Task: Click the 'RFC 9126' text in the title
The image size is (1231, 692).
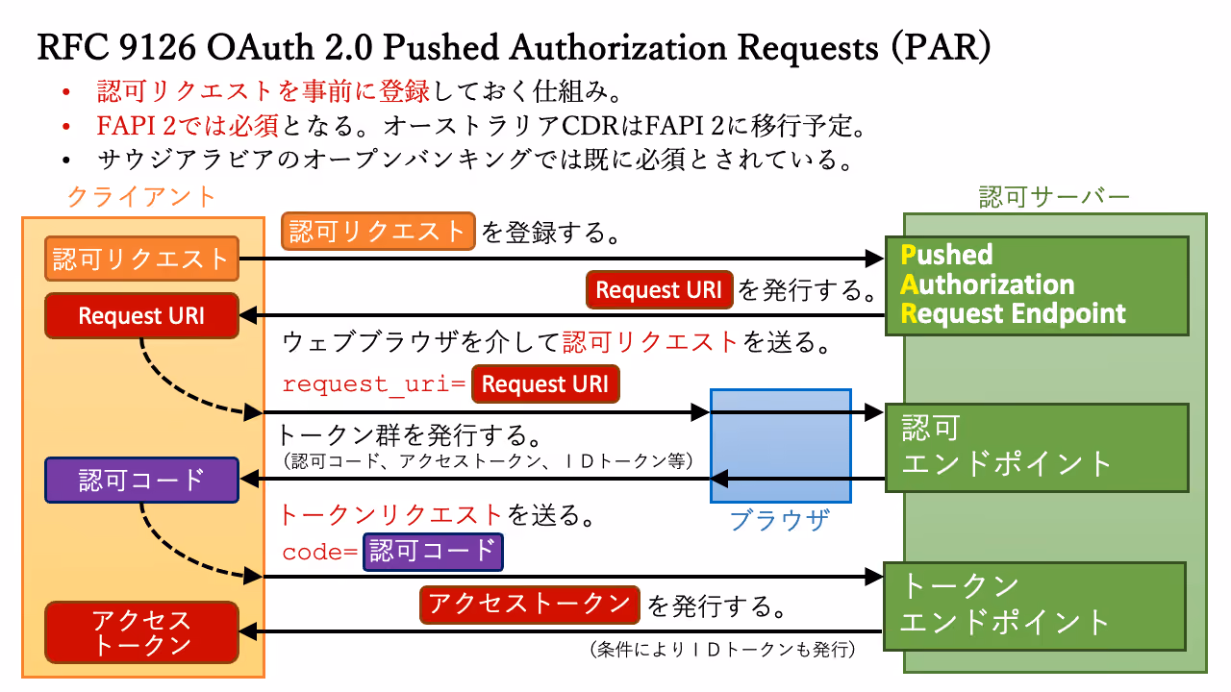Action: click(x=116, y=47)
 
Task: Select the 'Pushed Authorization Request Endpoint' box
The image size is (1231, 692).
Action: click(x=1037, y=285)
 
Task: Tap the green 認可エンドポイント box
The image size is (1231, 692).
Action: click(x=1037, y=448)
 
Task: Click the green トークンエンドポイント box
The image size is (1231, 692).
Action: click(x=1035, y=606)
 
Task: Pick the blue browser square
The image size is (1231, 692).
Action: click(x=781, y=446)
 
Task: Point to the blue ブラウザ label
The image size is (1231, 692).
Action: click(x=780, y=520)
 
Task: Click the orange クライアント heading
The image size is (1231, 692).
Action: click(x=141, y=197)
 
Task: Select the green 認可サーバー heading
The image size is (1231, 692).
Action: click(x=1054, y=197)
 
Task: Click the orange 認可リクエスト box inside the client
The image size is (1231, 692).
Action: click(x=141, y=259)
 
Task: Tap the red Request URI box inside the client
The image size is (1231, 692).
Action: click(x=141, y=316)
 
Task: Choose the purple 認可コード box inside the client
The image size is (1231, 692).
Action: click(x=141, y=480)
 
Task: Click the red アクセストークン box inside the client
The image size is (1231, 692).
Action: click(x=141, y=632)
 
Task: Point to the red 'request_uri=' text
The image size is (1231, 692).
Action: click(x=374, y=383)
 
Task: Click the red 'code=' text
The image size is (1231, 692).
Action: click(x=320, y=552)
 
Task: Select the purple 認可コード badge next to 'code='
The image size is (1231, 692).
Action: click(x=433, y=552)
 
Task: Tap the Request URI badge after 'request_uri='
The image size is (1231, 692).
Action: click(x=545, y=383)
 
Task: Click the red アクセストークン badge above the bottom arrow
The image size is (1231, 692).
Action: click(x=530, y=605)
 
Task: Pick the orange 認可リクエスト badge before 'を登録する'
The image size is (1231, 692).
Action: click(x=378, y=232)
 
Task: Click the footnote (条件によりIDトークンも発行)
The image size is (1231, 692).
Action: click(x=722, y=651)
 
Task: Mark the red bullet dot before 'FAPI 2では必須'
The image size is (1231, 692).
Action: click(x=66, y=128)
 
